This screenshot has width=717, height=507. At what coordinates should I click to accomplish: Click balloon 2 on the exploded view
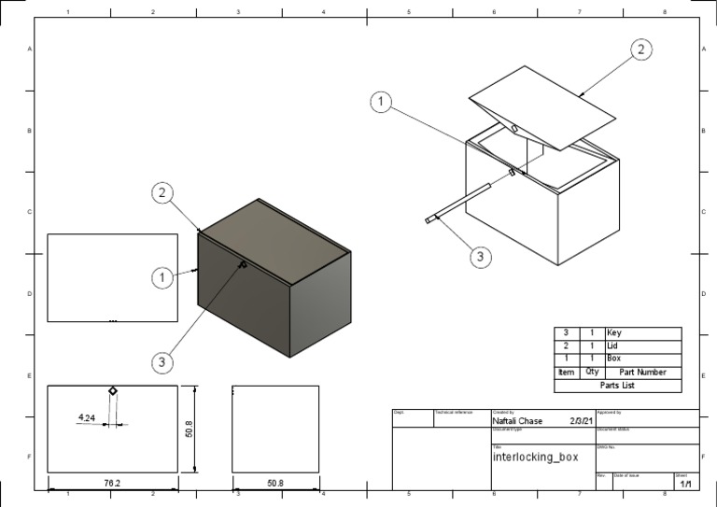pos(640,50)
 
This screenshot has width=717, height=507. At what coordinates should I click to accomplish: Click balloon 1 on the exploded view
pos(381,103)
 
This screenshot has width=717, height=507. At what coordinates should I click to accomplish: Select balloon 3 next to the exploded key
pos(480,257)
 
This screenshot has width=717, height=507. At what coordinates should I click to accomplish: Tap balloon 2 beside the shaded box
pos(162,193)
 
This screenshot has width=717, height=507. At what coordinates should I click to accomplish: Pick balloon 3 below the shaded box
pos(162,360)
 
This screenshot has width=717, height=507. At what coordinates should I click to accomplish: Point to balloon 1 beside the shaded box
pos(162,277)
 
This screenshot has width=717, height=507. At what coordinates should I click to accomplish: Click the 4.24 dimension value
pos(87,417)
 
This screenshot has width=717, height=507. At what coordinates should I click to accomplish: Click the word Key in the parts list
pos(614,333)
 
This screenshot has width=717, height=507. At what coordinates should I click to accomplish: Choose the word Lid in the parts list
pos(612,345)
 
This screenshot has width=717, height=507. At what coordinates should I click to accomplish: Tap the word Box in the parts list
pos(613,358)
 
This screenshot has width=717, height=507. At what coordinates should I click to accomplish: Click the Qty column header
pos(592,372)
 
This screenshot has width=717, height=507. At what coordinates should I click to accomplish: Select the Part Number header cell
pos(642,372)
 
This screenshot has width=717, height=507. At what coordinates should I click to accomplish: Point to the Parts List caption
pos(617,385)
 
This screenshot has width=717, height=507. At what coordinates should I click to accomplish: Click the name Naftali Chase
pos(517,421)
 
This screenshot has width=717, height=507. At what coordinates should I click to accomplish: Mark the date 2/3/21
pos(581,421)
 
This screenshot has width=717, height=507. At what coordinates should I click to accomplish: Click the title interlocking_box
pos(535,458)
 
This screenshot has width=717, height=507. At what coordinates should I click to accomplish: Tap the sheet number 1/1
pos(685,485)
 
